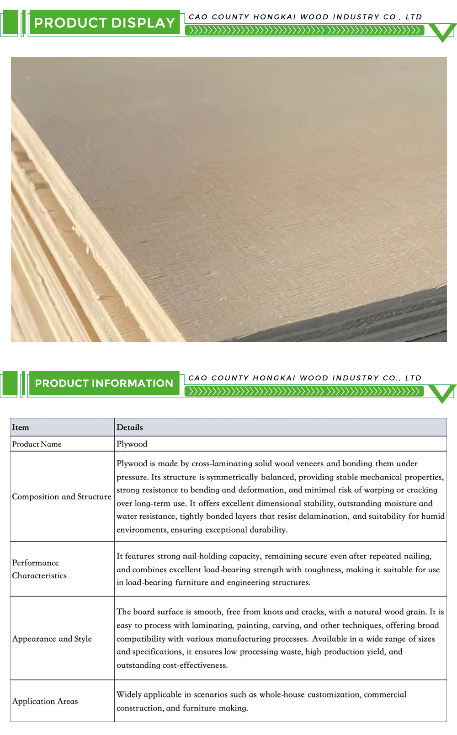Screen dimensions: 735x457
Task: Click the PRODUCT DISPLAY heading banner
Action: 104,23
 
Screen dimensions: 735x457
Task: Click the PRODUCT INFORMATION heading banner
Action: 104,383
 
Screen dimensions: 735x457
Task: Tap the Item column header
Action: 21,428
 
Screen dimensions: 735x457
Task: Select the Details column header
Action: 130,428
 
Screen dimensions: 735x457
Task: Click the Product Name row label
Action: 37,444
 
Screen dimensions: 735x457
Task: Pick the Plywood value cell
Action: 132,444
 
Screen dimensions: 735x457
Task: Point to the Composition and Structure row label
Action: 62,497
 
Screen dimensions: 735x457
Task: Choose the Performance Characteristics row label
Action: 39,570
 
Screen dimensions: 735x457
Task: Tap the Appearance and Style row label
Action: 52,639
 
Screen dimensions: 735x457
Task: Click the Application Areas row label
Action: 45,702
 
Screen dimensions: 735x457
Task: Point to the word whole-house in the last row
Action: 282,695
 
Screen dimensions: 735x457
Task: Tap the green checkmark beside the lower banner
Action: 442,393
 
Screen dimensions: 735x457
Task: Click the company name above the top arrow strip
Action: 305,17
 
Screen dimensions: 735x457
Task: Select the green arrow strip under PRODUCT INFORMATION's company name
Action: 304,392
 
